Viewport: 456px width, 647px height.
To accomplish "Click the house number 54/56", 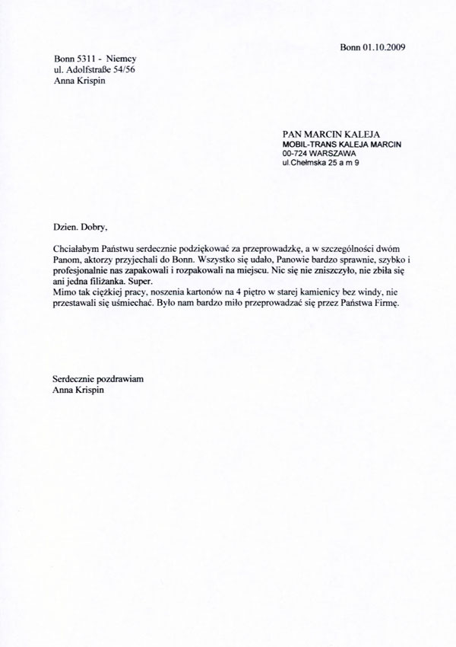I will [x=126, y=71].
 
